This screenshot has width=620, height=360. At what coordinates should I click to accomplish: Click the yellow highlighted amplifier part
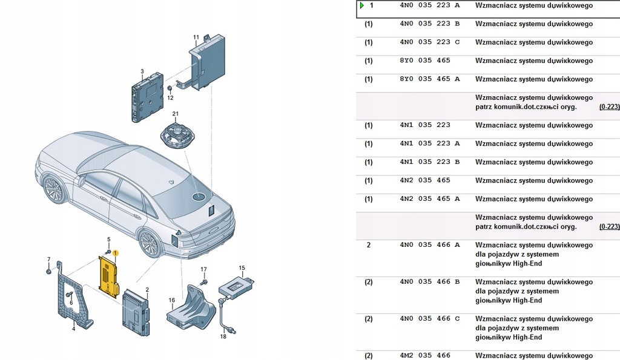tap(109, 276)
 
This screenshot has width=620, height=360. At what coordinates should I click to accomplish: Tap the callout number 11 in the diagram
tap(196, 38)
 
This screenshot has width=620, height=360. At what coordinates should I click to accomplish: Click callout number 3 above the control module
tap(142, 71)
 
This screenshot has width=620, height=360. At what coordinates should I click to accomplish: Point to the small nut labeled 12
tap(170, 89)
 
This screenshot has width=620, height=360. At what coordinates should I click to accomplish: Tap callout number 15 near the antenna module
tap(242, 267)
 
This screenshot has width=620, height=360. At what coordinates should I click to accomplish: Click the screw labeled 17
tap(204, 281)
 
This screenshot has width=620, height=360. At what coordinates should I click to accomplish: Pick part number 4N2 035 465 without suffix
tap(425, 180)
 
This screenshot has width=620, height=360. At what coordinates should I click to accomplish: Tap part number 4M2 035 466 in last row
tap(425, 355)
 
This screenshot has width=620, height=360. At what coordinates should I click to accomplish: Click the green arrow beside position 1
tap(361, 5)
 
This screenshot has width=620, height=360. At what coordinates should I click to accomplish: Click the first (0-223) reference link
tap(609, 106)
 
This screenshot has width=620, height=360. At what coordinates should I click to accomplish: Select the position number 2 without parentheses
tap(368, 245)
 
